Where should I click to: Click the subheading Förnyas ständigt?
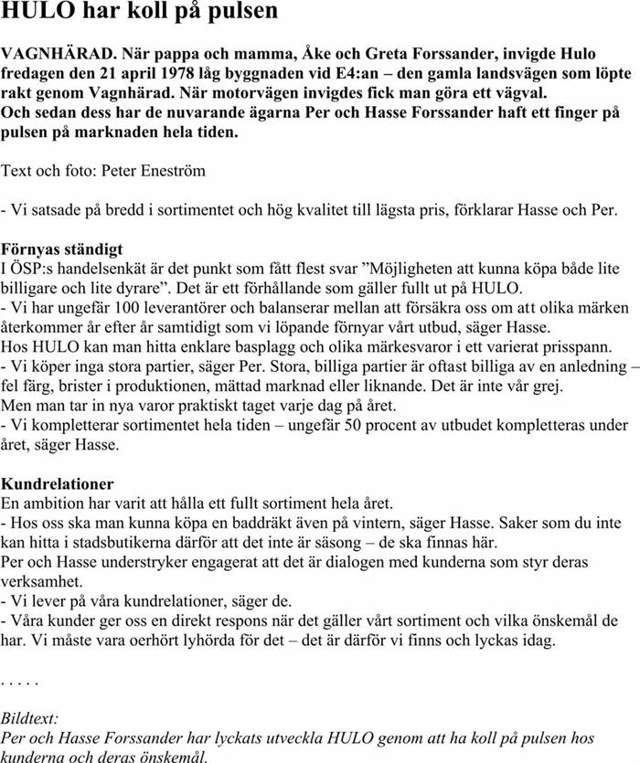coord(62,249)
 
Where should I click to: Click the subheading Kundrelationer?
coord(58,483)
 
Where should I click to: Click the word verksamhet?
coord(40,582)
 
